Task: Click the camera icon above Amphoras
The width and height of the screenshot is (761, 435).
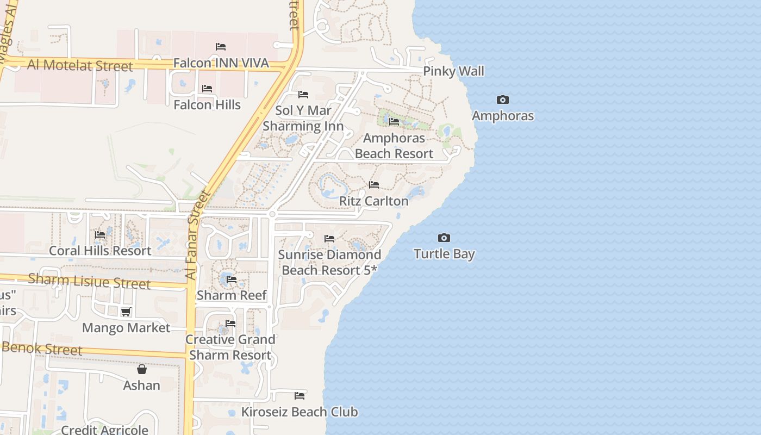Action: click(503, 100)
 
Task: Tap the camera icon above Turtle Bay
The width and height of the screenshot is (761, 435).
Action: click(444, 238)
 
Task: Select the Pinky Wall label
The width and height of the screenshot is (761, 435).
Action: click(453, 71)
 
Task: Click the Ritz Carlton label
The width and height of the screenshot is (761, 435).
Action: click(373, 201)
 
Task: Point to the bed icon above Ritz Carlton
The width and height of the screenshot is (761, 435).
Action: click(374, 185)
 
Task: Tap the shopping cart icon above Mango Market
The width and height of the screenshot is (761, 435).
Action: click(126, 312)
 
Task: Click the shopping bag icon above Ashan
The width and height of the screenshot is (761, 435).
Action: click(142, 369)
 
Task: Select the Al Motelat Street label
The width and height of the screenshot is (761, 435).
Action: click(80, 65)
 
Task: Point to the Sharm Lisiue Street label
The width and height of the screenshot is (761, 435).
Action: click(89, 282)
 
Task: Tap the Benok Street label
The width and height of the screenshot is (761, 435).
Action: click(42, 349)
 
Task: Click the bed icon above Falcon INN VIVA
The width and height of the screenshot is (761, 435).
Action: click(221, 47)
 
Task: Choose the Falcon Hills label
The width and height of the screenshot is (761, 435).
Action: click(207, 105)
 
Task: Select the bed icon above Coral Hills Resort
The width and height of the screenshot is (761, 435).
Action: click(100, 235)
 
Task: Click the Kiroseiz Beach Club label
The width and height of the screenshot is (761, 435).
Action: click(300, 412)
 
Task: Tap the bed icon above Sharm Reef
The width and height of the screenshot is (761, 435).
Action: click(232, 279)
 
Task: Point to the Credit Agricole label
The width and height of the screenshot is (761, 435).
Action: click(104, 430)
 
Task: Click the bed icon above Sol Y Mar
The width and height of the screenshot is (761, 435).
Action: click(303, 95)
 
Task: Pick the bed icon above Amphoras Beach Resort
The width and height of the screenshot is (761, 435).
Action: click(394, 122)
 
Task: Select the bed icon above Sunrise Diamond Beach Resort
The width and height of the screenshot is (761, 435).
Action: click(329, 238)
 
